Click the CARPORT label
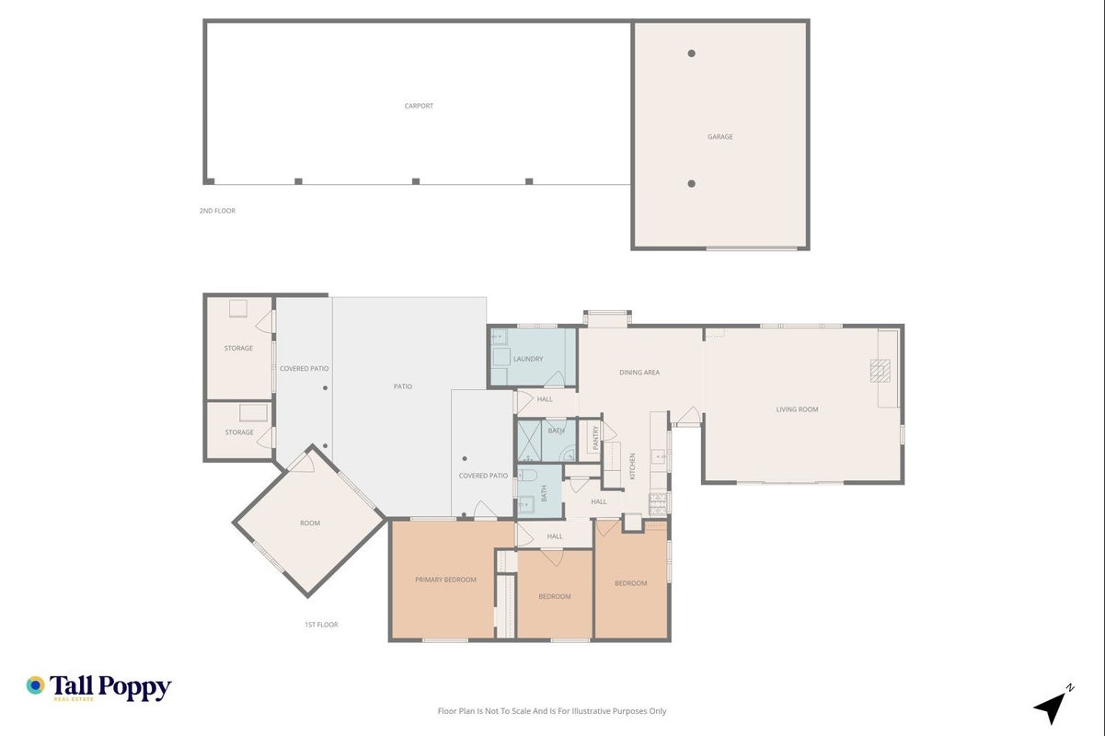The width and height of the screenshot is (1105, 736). pos(419,106)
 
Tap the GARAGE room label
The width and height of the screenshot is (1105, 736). pos(719,137)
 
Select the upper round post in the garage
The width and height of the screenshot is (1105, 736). pos(692,53)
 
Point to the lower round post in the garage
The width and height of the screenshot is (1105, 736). pos(692,183)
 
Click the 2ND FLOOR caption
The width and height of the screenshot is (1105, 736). pos(217,211)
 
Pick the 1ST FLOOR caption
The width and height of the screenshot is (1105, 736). pos(321,625)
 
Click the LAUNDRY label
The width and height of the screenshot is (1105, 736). pos(528,359)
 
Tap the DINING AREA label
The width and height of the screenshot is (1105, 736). pos(639,373)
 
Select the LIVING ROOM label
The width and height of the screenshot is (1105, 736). pos(797,409)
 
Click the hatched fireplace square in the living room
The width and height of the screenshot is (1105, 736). pos(881,371)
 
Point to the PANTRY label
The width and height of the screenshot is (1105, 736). pos(595,438)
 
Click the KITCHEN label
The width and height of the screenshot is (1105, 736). pos(632,466)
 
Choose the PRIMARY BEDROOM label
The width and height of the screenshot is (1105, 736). pos(445,580)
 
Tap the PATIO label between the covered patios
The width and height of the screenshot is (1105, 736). pos(403,386)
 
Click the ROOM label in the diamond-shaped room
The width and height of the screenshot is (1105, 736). pos(310,523)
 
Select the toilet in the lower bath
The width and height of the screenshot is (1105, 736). pos(526,475)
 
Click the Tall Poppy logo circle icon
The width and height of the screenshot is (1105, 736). pos(36,685)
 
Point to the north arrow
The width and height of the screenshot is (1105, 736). pos(1052,707)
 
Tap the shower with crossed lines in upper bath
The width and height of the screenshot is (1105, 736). pos(529,441)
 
